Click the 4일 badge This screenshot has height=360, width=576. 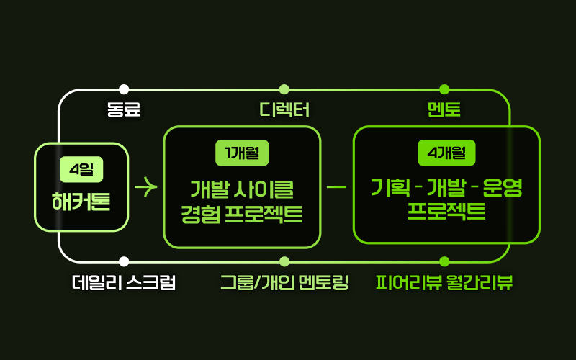(81, 170)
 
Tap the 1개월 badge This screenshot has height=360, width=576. (242, 153)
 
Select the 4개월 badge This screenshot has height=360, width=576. (446, 153)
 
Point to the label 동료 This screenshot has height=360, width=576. (123, 110)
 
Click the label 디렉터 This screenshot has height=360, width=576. (284, 110)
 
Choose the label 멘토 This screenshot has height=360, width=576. (444, 110)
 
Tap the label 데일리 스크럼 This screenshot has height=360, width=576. (124, 283)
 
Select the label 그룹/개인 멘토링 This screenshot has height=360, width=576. (284, 283)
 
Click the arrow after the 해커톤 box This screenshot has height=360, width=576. (145, 187)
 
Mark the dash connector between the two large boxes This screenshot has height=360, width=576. (336, 187)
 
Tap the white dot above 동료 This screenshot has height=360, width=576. (124, 89)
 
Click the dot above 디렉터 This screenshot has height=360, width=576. (284, 89)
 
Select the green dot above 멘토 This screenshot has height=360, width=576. (444, 89)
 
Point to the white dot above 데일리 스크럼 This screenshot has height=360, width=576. (124, 261)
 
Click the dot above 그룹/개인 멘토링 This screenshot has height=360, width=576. (284, 261)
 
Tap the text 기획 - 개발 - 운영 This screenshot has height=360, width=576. (446, 189)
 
